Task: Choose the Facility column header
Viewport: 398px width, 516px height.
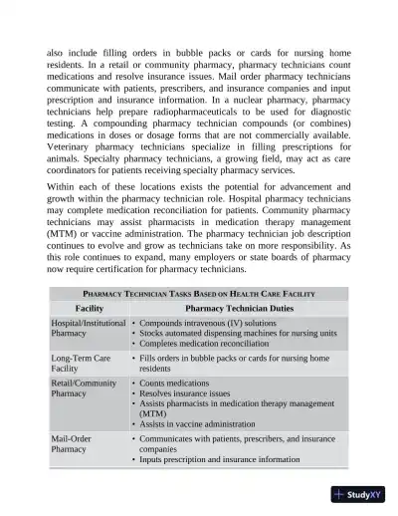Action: pyautogui.click(x=89, y=309)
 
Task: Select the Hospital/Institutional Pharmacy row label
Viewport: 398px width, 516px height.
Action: pyautogui.click(x=88, y=329)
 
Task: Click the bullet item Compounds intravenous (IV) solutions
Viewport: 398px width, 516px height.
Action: pyautogui.click(x=207, y=324)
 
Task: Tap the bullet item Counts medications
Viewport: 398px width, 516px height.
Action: pyautogui.click(x=179, y=383)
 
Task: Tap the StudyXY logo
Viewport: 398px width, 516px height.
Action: pyautogui.click(x=361, y=495)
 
